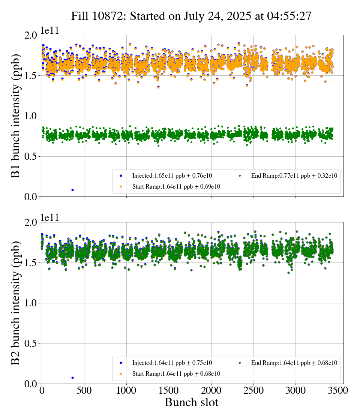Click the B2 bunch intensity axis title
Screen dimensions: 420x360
(16, 303)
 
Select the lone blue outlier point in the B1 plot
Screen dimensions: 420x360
(72, 190)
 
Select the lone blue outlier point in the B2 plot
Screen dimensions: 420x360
(72, 378)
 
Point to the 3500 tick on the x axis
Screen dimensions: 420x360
(338, 390)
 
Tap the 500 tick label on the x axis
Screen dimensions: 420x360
(84, 390)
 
